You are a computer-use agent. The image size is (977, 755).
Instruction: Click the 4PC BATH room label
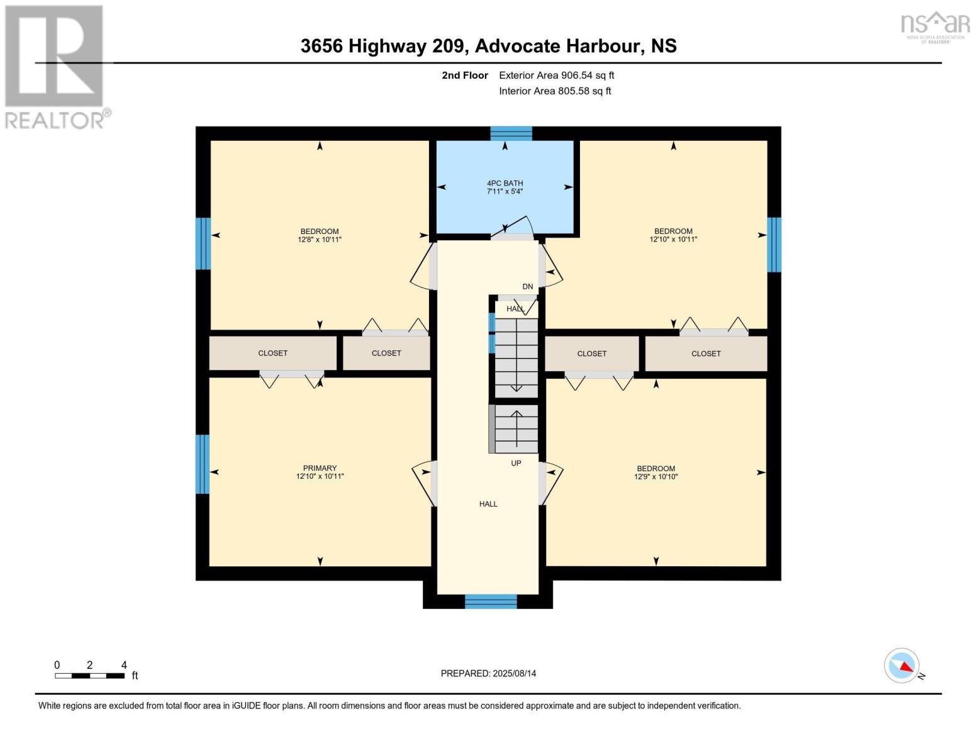[x=505, y=183]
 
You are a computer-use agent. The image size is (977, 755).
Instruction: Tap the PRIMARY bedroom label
[x=320, y=468]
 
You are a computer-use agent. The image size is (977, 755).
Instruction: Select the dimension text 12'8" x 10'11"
[x=320, y=240]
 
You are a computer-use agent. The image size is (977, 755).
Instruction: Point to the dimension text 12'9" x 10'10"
[x=656, y=477]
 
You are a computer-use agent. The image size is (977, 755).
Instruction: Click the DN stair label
[x=527, y=287]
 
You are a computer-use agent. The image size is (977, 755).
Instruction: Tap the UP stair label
[x=516, y=463]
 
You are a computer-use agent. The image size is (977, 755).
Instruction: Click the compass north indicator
[x=903, y=666]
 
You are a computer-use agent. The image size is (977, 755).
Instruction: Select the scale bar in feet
[x=89, y=676]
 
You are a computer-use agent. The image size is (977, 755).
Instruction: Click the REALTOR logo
[x=55, y=67]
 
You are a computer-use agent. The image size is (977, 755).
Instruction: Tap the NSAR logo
[x=935, y=25]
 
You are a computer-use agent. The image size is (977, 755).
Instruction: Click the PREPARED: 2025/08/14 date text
[x=488, y=673]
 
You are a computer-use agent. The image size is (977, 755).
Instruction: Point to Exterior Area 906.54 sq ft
[x=556, y=75]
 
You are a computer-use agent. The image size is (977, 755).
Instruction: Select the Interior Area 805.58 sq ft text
[x=555, y=91]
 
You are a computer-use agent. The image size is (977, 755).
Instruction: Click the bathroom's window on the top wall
[x=511, y=133]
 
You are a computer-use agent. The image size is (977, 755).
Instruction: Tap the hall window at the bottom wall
[x=491, y=601]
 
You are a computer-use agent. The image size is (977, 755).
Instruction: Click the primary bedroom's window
[x=202, y=464]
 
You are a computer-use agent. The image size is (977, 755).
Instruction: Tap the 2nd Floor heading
[x=464, y=75]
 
